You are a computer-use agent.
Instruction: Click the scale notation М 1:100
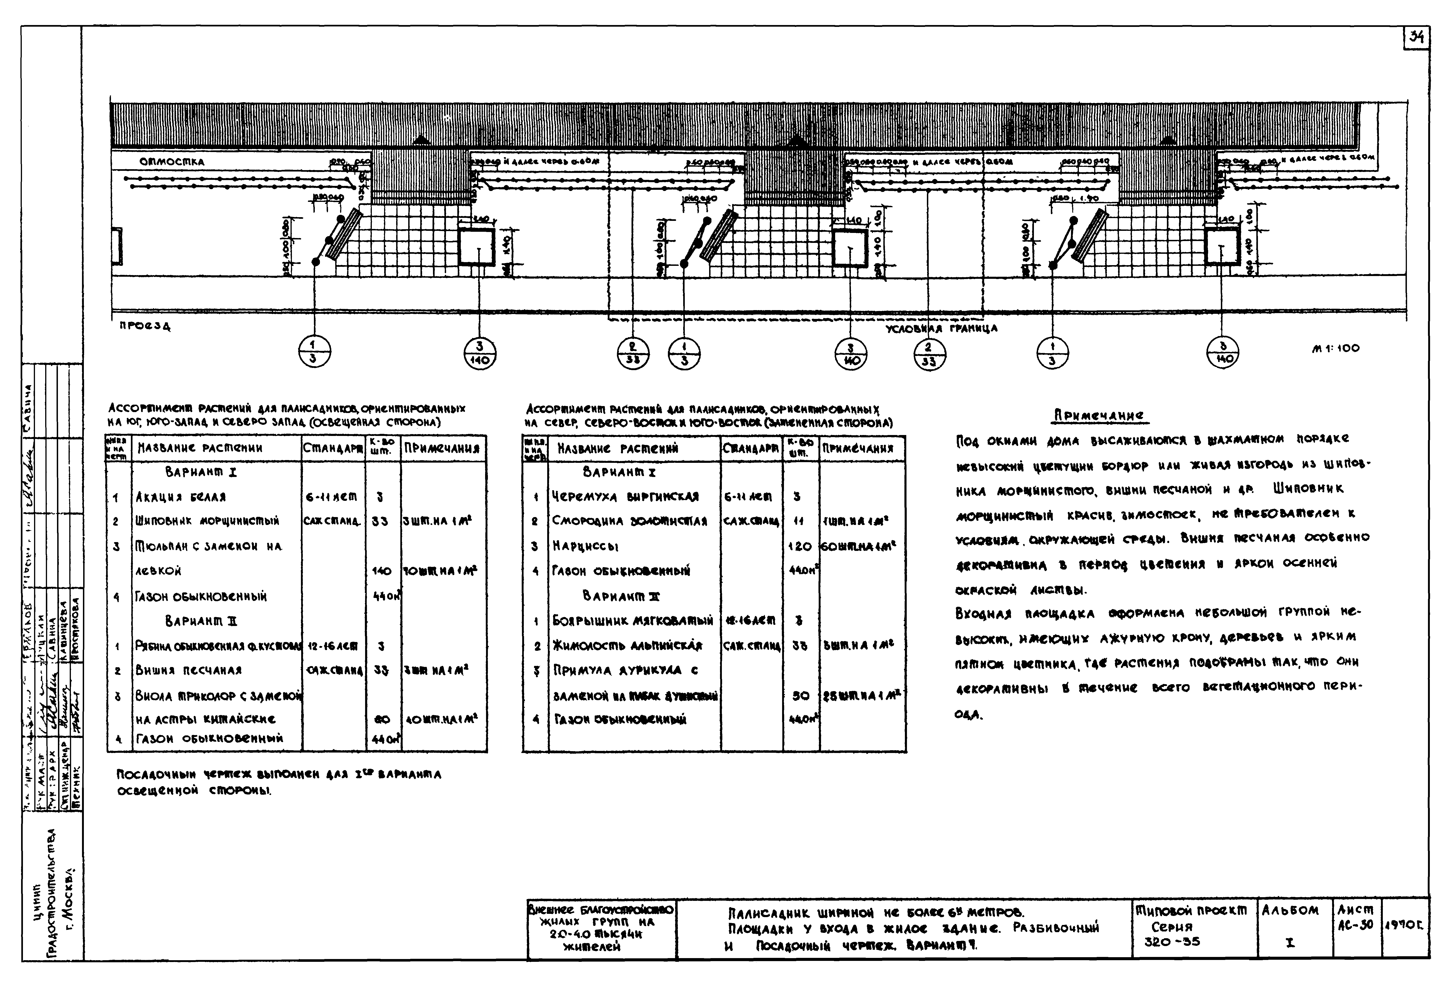[1335, 348]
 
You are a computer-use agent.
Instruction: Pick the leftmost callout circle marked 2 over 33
[633, 351]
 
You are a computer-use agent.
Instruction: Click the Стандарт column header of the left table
[333, 448]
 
